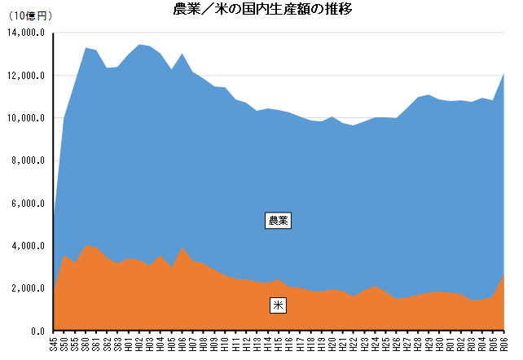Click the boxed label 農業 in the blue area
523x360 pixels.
279,220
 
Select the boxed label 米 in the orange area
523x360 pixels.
279,305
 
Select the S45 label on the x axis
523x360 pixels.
54,344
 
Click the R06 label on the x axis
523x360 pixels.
505,344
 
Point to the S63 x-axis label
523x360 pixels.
118,344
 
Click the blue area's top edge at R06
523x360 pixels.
505,73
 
